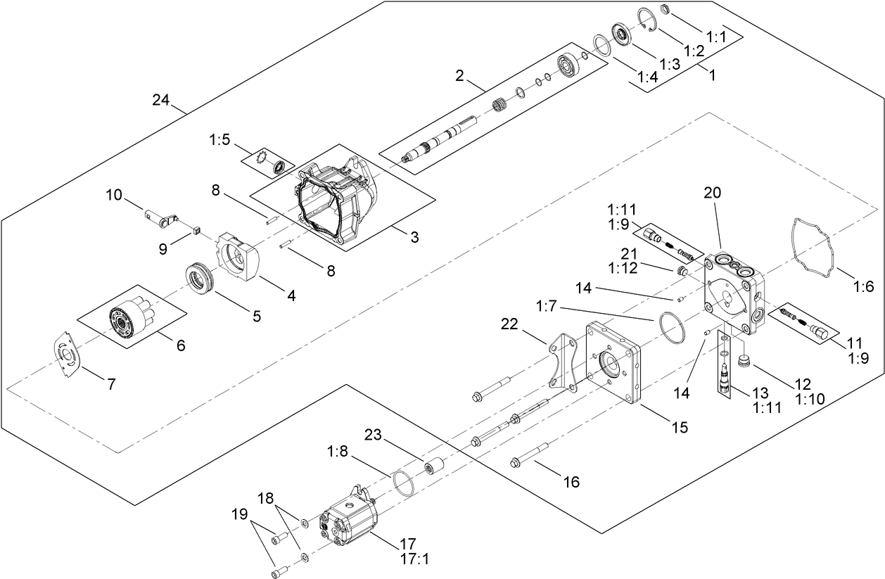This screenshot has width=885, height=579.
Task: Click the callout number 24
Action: [x=160, y=100]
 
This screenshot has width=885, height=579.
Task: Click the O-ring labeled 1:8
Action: [x=404, y=484]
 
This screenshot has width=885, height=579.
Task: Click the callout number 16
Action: [x=571, y=481]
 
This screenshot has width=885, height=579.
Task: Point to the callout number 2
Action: [x=459, y=75]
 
